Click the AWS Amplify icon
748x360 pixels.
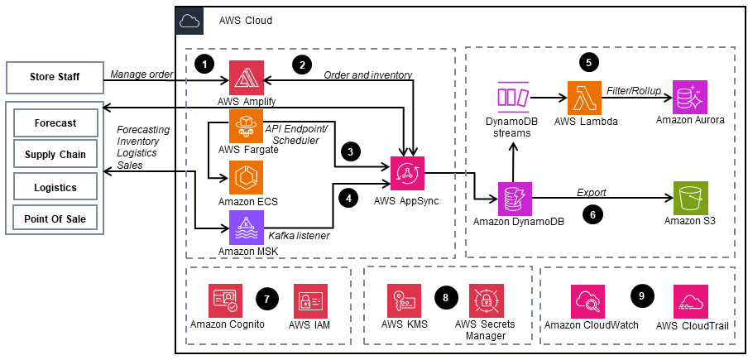(x=246, y=78)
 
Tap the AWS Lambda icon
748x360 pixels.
(x=584, y=98)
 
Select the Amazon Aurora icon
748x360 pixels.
(x=689, y=98)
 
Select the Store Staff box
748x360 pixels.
(x=55, y=77)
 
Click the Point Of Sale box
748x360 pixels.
(x=55, y=218)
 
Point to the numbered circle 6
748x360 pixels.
(x=592, y=214)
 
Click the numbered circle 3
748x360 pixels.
(x=351, y=152)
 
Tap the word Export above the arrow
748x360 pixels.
(x=592, y=193)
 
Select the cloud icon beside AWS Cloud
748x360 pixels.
(x=189, y=21)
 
